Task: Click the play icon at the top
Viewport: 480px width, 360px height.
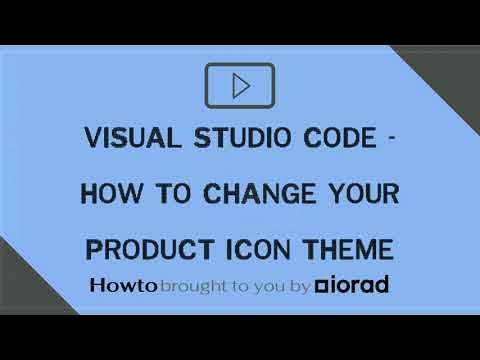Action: (240, 86)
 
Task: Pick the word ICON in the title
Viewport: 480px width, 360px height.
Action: (251, 246)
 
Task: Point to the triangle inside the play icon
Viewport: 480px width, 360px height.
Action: (241, 86)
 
